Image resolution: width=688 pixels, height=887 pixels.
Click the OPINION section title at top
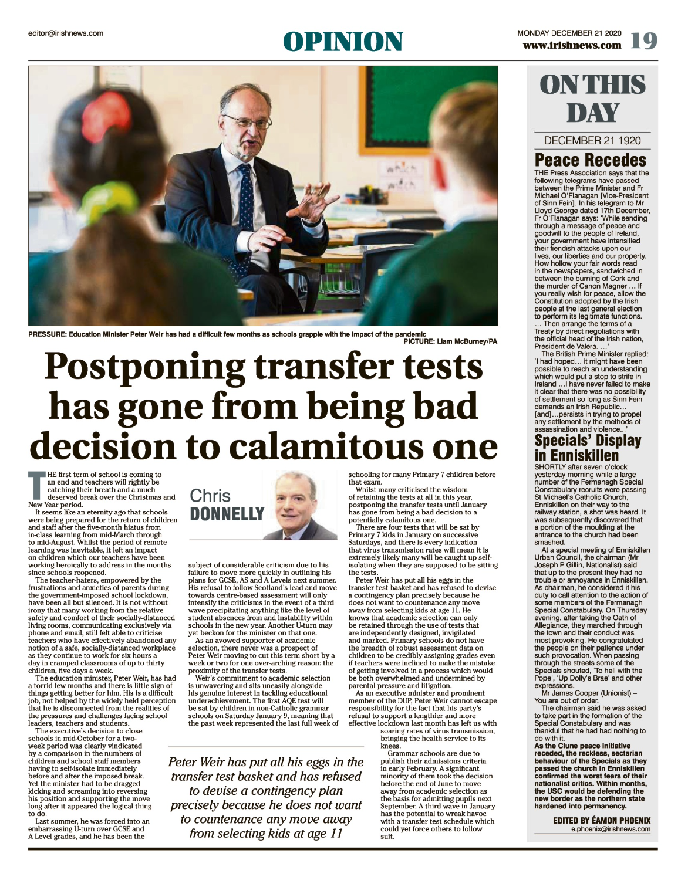point(343,42)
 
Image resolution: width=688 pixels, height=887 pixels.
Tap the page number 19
point(643,40)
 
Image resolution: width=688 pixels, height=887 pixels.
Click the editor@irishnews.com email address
point(66,33)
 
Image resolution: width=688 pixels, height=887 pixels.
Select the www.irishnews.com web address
point(572,45)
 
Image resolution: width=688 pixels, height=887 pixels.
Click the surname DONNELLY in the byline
point(227,514)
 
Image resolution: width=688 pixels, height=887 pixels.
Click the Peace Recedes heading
point(590,160)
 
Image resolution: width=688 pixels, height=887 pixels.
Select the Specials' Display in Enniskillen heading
point(587,448)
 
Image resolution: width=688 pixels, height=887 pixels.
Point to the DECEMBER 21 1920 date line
point(592,140)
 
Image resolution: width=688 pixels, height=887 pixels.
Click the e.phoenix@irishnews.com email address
point(611,829)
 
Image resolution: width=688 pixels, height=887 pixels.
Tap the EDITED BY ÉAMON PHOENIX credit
point(602,820)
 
